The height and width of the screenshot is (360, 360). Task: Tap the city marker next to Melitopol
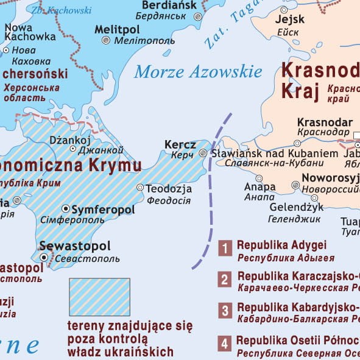tap(106, 40)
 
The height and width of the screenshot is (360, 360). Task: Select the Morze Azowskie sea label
tap(198, 72)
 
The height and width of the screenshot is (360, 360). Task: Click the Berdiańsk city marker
tap(197, 18)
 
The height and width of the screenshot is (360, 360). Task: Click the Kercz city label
tap(180, 145)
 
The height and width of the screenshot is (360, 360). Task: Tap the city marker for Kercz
tap(203, 153)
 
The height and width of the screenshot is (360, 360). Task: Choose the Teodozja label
tap(169, 188)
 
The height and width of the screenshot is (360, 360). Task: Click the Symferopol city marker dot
tap(66, 208)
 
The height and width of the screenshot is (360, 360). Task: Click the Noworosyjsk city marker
tap(295, 185)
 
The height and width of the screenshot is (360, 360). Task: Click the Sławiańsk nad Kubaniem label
tap(274, 154)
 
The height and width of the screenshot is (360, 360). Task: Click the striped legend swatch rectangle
tap(99, 297)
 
